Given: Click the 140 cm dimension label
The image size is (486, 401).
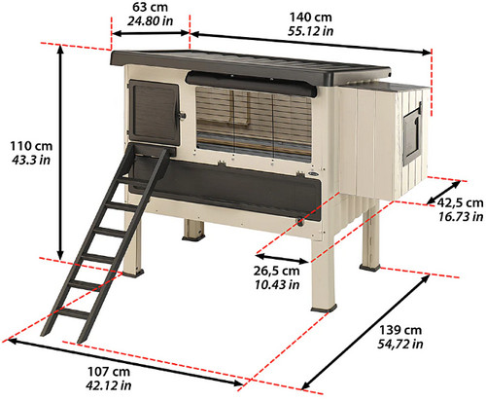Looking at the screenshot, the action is pos(310,18).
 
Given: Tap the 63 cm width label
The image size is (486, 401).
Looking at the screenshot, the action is pos(150,7).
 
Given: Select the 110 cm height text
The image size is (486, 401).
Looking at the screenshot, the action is pos(31,146).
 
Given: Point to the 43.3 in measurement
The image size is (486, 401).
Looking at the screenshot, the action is pos(31,160).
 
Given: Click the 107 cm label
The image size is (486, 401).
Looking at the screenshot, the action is pos(109,372).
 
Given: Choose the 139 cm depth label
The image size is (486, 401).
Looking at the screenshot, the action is pos(400,330).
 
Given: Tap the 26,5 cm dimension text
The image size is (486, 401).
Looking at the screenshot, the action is pos(276,271).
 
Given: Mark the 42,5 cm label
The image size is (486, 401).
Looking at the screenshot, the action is pos(461,203).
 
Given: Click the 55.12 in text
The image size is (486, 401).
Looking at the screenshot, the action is pos(310,31).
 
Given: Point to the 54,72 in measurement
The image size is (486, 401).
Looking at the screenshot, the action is pos(400,344).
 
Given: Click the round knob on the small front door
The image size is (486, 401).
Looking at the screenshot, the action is pos(182,116).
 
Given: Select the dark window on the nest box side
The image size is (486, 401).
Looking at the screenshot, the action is pos(411,136).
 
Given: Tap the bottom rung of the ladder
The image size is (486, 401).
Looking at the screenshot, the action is pos(73,313).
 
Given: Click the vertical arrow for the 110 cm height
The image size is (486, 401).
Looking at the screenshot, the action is pos(60,153).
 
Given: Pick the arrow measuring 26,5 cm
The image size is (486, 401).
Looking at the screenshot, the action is pos(281,258).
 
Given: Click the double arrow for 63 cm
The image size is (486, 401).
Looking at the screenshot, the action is pos(151,33).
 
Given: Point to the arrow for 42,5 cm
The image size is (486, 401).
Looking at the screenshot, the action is pos(443,193).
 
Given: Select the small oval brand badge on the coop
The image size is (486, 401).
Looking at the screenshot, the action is pos(313,174).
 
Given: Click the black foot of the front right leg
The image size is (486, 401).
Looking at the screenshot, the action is pos(324,309).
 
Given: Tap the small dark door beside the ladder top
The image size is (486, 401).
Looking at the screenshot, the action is pos(155,112).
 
